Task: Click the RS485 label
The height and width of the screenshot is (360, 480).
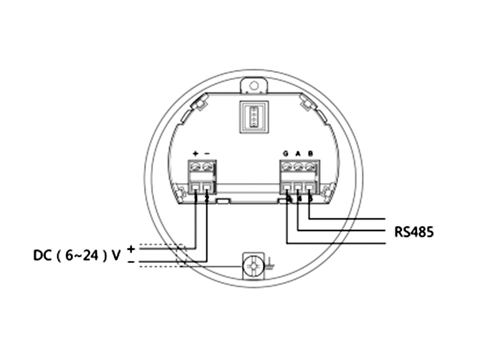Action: [x=414, y=232]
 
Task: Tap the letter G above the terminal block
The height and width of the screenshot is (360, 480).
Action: [x=286, y=154]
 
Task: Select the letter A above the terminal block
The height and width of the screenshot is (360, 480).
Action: [x=298, y=154]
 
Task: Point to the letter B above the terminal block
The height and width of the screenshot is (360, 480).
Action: [x=310, y=154]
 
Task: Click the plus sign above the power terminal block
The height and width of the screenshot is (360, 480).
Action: [x=196, y=154]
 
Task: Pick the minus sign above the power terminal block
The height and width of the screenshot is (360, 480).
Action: [x=207, y=154]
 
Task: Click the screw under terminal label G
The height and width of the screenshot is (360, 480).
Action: [x=287, y=167]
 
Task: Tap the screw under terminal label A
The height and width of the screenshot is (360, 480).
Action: [x=298, y=167]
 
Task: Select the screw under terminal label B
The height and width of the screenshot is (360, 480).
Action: [x=310, y=167]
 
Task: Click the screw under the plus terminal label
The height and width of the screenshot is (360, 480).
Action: [x=196, y=167]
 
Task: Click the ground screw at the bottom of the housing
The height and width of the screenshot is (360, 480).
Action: [x=253, y=265]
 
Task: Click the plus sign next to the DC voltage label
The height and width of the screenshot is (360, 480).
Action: [x=131, y=247]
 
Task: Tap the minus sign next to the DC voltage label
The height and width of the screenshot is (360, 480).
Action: [x=131, y=262]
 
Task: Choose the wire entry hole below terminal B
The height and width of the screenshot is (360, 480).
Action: [x=310, y=188]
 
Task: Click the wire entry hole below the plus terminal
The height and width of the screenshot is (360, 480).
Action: [x=196, y=188]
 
